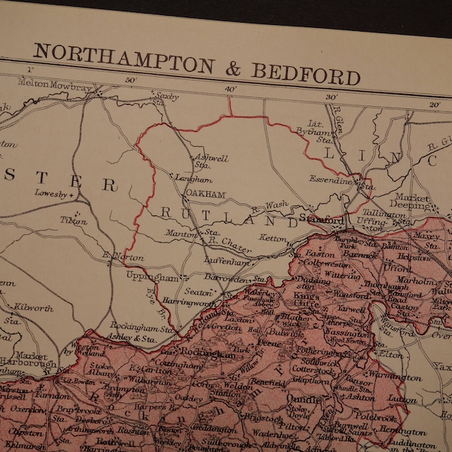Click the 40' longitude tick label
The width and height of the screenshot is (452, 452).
coord(230,89)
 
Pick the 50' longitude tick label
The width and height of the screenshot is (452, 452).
coord(130,81)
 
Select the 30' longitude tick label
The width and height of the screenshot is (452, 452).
coord(330,97)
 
